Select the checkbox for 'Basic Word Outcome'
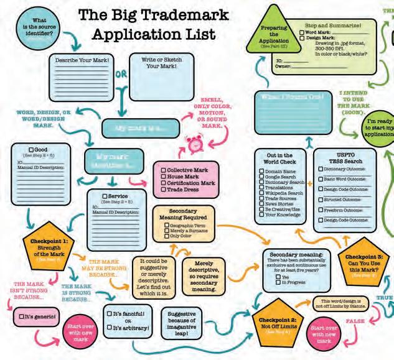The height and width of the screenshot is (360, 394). click(x=320, y=178)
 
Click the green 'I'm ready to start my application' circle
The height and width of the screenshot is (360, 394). click(x=374, y=129)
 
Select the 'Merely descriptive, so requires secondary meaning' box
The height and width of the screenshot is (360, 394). click(x=200, y=276)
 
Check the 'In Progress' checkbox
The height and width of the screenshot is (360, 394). click(x=278, y=283)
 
